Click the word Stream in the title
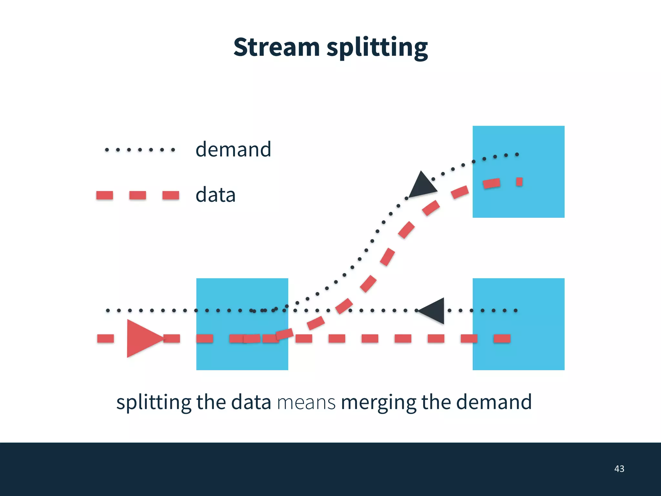point(276,47)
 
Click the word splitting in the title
point(377,48)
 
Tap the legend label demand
point(233,149)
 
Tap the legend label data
point(216,195)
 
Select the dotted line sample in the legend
point(140,150)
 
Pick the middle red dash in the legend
point(137,195)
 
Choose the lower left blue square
point(242,355)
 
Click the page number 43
point(619,469)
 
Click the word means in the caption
point(306,403)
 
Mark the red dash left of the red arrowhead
point(106,338)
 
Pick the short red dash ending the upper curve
point(519,182)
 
